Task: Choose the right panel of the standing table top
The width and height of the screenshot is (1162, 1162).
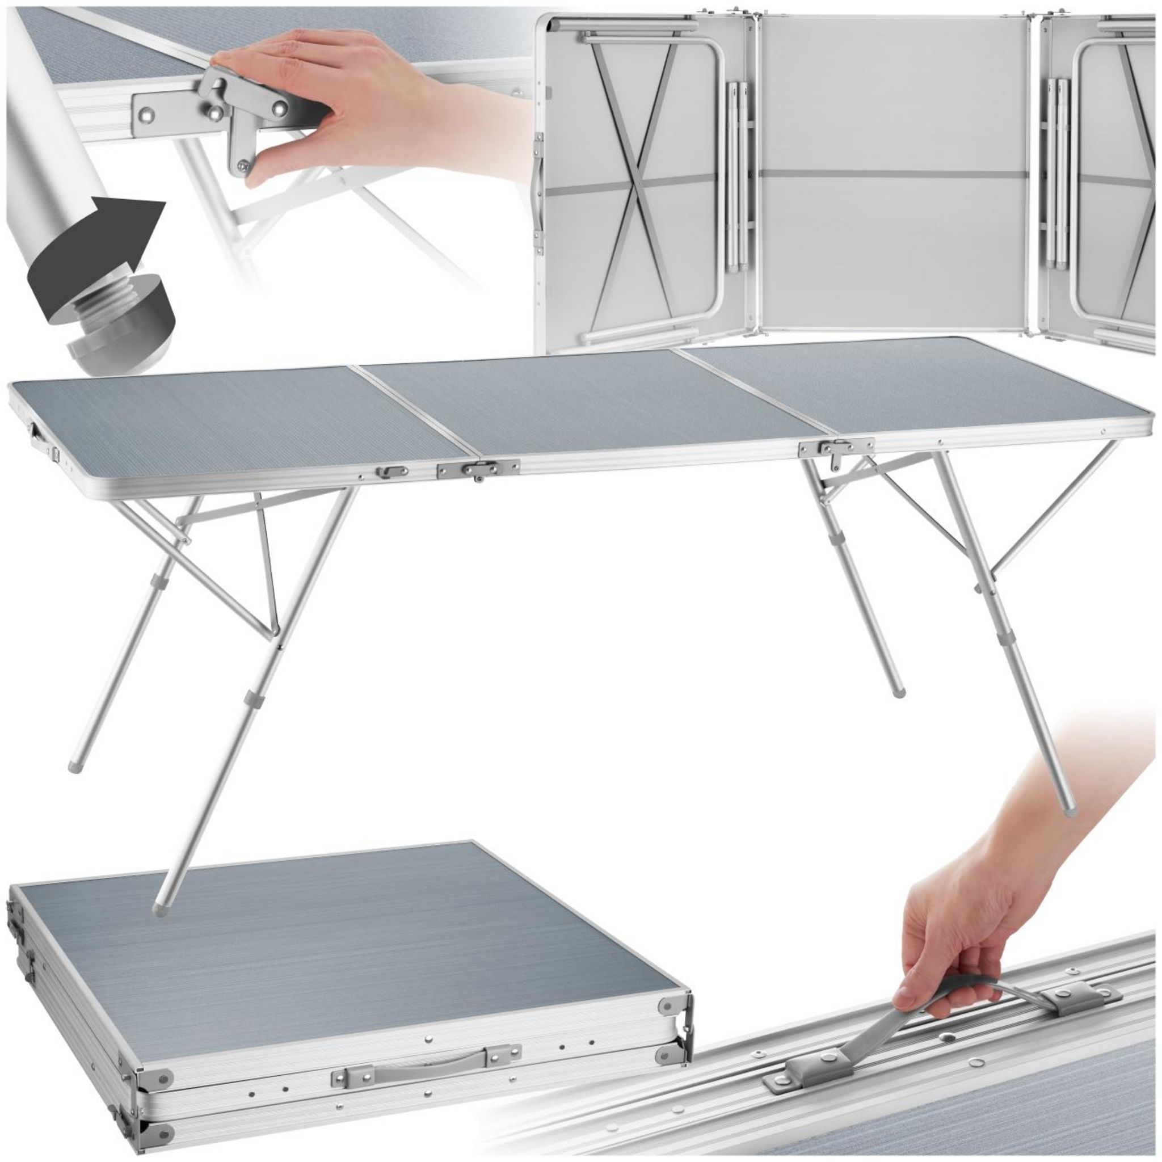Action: coord(914,385)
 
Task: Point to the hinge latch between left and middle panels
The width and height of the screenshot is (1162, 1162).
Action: coord(478,468)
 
